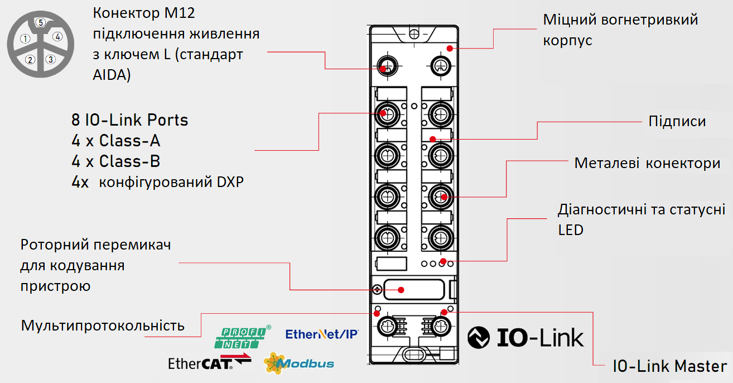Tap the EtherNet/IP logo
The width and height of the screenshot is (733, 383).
click(321, 334)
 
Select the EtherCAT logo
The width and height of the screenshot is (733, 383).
click(209, 363)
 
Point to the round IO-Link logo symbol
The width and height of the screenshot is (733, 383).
click(478, 338)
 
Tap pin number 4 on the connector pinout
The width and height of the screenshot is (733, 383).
click(58, 37)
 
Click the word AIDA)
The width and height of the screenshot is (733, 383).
click(112, 74)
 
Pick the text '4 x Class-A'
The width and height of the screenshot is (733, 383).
click(116, 141)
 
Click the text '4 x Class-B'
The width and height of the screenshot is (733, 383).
click(116, 161)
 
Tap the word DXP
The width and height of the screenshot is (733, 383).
click(231, 182)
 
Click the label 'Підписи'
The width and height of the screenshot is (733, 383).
click(677, 122)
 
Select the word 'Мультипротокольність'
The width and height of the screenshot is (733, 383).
click(103, 325)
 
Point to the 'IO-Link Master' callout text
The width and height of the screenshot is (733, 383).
click(669, 367)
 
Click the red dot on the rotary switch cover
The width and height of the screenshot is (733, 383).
click(401, 289)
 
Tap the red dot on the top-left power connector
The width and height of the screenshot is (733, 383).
click(383, 68)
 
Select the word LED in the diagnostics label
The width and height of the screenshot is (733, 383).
click(570, 229)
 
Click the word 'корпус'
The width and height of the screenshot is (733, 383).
click(567, 41)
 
